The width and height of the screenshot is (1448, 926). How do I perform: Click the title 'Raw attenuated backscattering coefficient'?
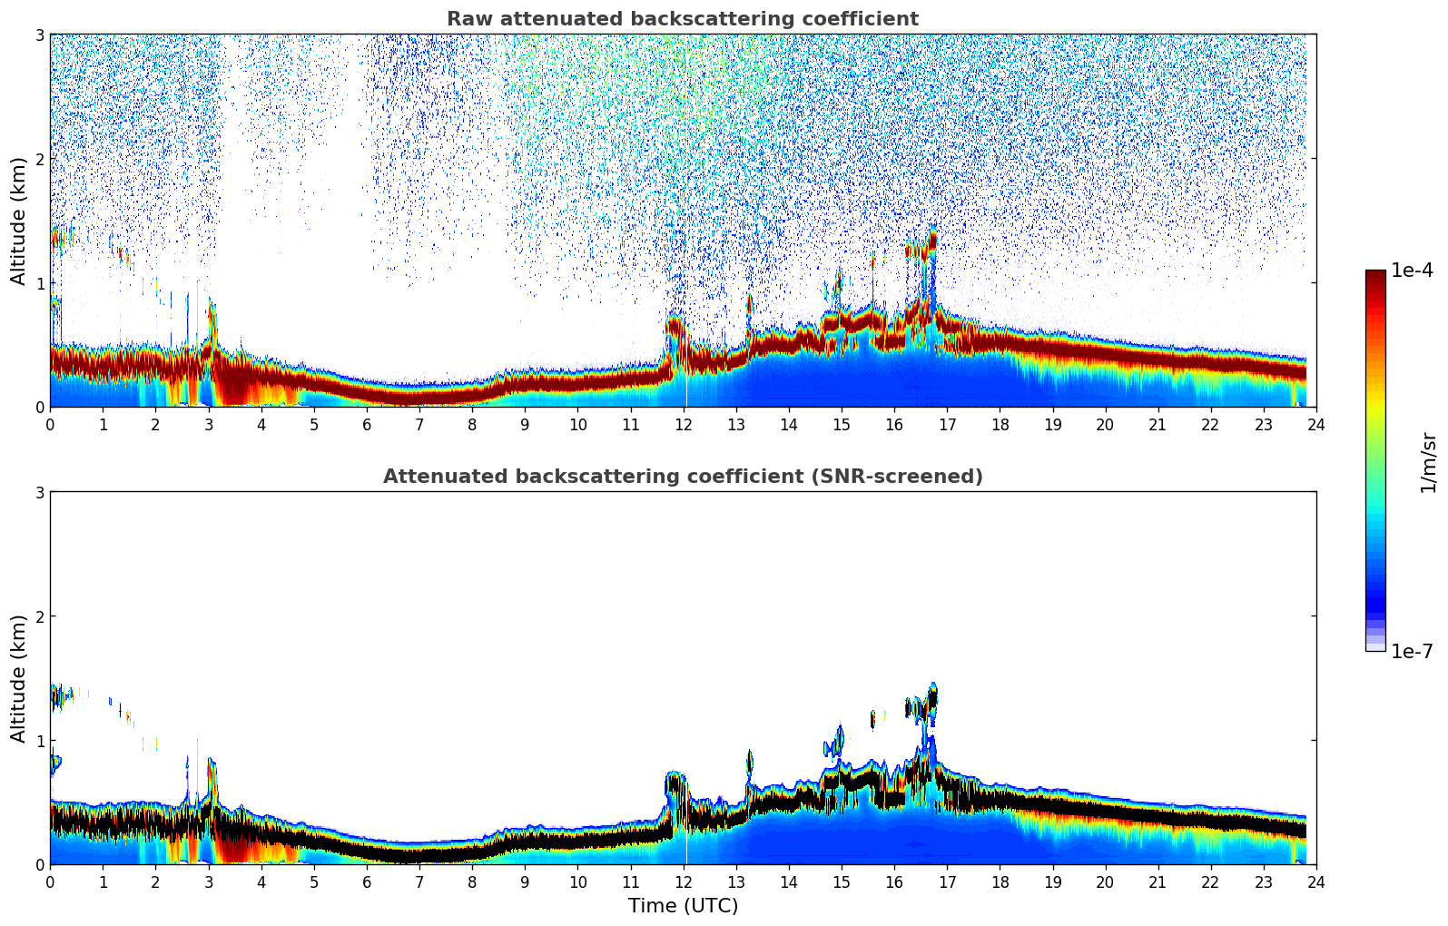pyautogui.click(x=682, y=19)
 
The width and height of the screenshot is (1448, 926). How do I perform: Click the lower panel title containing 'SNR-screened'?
pyautogui.click(x=682, y=477)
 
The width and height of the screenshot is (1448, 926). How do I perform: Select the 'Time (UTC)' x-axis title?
pyautogui.click(x=683, y=905)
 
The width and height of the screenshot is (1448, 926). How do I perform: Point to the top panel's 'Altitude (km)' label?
pyautogui.click(x=19, y=221)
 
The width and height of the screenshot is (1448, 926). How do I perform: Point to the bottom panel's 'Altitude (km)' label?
pyautogui.click(x=19, y=678)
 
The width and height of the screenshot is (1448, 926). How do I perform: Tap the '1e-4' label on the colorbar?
pyautogui.click(x=1412, y=271)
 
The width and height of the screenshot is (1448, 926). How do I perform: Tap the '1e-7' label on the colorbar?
pyautogui.click(x=1412, y=652)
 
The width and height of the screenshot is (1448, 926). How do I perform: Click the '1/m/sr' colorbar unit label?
pyautogui.click(x=1428, y=462)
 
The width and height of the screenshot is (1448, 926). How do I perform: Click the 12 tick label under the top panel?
pyautogui.click(x=683, y=424)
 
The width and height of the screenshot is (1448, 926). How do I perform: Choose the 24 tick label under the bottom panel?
pyautogui.click(x=1315, y=882)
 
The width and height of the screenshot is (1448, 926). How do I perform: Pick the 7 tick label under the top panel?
pyautogui.click(x=419, y=424)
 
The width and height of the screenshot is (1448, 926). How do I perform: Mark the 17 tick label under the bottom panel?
pyautogui.click(x=947, y=882)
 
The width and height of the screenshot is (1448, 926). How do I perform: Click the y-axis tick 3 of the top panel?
pyautogui.click(x=40, y=34)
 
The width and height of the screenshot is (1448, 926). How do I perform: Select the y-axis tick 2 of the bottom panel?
pyautogui.click(x=40, y=616)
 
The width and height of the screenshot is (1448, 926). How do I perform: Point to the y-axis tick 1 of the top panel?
pyautogui.click(x=40, y=283)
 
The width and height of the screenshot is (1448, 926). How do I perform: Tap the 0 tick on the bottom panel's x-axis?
pyautogui.click(x=50, y=882)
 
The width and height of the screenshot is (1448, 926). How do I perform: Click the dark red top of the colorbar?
pyautogui.click(x=1375, y=276)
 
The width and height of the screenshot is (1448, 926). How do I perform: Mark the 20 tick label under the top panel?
pyautogui.click(x=1105, y=424)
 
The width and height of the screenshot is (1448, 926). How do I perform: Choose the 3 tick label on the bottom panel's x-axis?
pyautogui.click(x=209, y=882)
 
